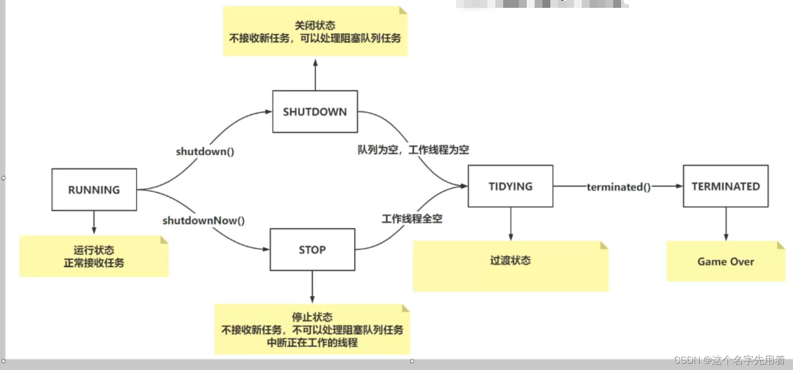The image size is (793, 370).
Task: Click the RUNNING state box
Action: [x=94, y=190]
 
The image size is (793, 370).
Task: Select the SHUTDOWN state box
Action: [x=315, y=112]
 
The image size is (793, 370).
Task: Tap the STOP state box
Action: [x=312, y=250]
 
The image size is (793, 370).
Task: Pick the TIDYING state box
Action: [x=510, y=186]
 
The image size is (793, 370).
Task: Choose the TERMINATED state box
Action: [x=725, y=186]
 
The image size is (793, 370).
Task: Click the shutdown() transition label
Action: [x=205, y=152]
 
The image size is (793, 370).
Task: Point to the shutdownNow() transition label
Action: [x=203, y=220]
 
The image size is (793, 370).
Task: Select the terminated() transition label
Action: [x=618, y=187]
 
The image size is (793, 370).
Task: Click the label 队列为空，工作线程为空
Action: [x=413, y=150]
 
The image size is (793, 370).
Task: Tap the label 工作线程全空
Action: [x=412, y=219]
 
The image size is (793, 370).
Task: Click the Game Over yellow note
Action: [x=725, y=261]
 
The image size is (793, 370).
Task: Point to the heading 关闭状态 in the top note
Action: [x=315, y=26]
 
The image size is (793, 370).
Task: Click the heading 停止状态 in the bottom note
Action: [x=312, y=318]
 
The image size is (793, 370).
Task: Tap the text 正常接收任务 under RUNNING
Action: [x=94, y=262]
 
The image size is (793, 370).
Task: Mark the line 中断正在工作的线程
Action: [x=312, y=343]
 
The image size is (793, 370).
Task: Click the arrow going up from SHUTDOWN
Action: [x=315, y=75]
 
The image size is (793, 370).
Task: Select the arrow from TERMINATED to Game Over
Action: [x=725, y=224]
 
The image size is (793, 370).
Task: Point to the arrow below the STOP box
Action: [x=312, y=287]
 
